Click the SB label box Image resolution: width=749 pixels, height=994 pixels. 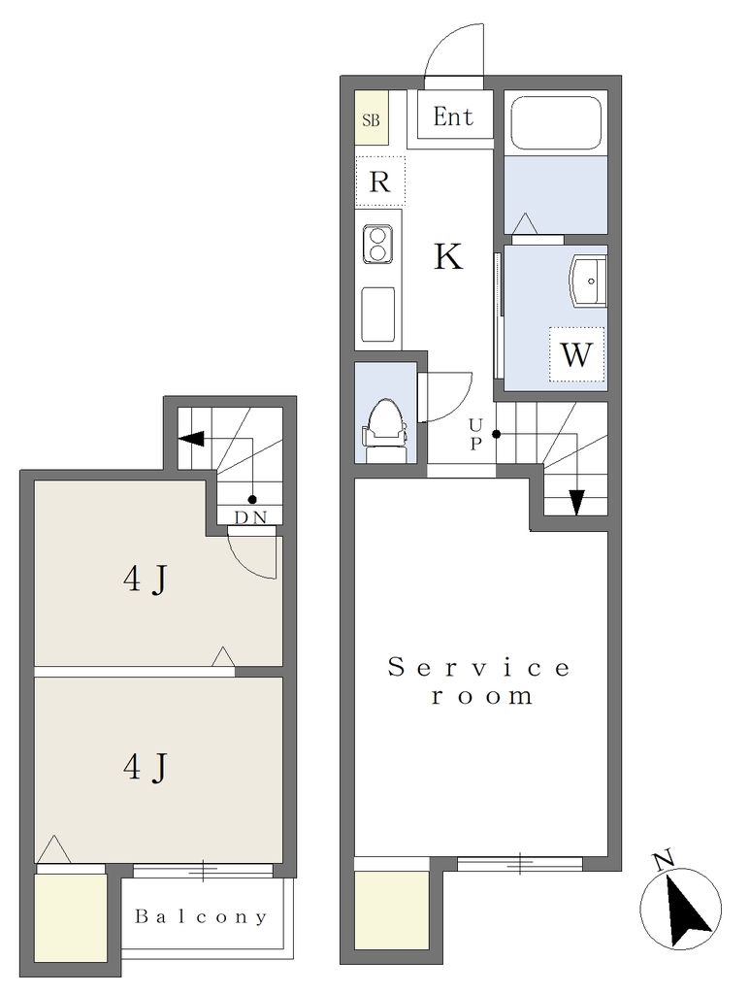pos(371,118)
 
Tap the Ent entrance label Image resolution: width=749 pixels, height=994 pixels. pos(453,116)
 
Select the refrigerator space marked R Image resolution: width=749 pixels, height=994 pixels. pos(380,182)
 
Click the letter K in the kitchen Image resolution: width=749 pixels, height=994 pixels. pos(448,256)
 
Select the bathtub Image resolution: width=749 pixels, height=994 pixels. pos(556,123)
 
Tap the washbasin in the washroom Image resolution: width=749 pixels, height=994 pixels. pos(589,281)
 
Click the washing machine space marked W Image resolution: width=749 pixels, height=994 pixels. pos(576,354)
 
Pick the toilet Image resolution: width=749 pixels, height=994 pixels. pos(383,428)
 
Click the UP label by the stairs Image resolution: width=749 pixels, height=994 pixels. pos(475,433)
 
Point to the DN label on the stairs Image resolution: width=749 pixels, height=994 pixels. pos(250,517)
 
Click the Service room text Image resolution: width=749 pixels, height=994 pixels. pos(479,682)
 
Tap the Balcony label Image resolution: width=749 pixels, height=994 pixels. pos(201,916)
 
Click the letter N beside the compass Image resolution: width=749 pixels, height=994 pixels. pos(664,860)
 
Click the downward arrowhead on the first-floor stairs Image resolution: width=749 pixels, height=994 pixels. pos(576,503)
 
